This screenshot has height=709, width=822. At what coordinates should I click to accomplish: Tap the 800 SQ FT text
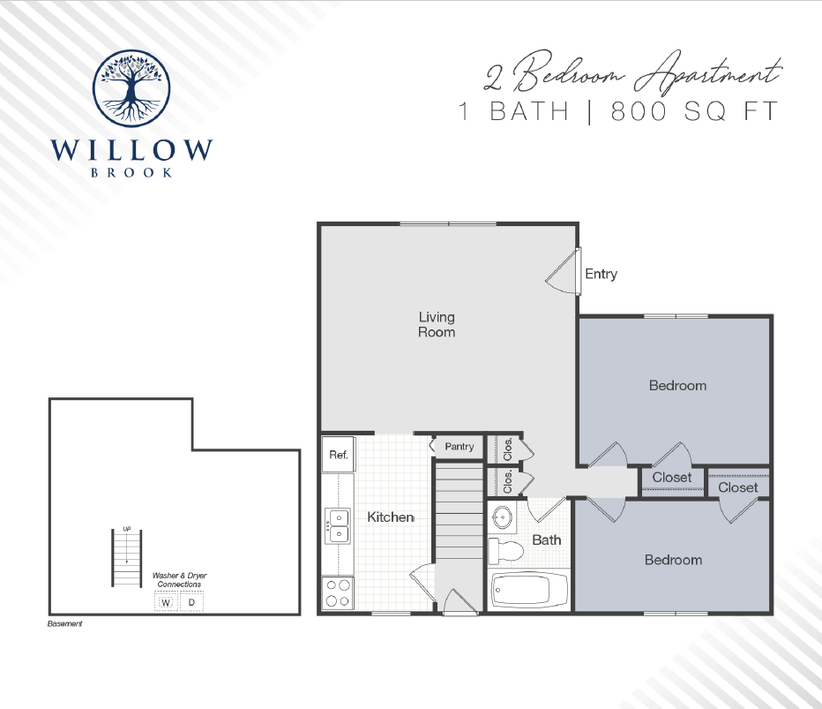click(694, 112)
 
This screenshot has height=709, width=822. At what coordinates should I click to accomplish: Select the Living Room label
click(437, 324)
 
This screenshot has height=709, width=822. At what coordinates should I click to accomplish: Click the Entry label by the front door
click(601, 274)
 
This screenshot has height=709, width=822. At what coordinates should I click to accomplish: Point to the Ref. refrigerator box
click(339, 456)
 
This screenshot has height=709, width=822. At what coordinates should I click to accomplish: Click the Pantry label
click(460, 447)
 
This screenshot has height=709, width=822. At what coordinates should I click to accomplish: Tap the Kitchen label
click(390, 517)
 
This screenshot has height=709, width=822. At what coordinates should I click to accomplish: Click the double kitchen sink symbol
click(337, 527)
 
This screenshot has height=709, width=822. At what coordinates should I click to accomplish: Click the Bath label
click(546, 539)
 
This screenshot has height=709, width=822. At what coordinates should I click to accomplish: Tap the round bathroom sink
click(502, 517)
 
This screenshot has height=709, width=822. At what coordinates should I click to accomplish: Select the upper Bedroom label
click(677, 385)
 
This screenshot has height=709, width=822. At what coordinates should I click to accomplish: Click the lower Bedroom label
click(673, 560)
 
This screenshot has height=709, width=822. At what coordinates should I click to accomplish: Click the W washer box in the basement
click(165, 603)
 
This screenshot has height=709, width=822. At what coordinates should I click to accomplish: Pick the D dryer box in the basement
click(191, 603)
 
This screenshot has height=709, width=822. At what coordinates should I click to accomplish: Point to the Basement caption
click(64, 624)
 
